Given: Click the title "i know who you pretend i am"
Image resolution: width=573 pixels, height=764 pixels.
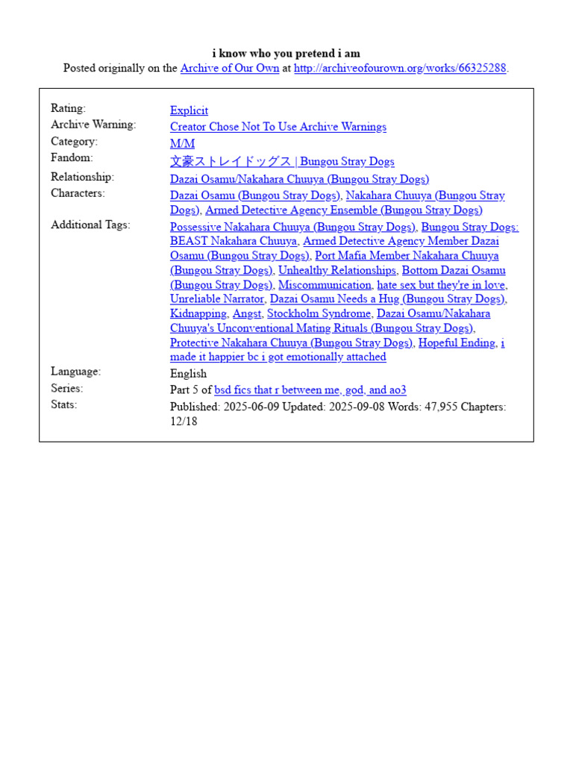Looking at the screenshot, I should pyautogui.click(x=286, y=53).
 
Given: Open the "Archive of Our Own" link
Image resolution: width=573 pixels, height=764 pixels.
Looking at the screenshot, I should pyautogui.click(x=230, y=68).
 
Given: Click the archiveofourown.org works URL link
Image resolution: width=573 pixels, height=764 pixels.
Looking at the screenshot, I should pyautogui.click(x=400, y=68).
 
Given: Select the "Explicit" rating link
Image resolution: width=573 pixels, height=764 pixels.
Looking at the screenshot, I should pyautogui.click(x=189, y=110).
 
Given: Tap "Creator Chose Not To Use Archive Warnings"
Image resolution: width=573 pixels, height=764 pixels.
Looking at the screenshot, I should pyautogui.click(x=278, y=127).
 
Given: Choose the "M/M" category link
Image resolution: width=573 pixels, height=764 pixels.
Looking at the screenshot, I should pyautogui.click(x=182, y=143).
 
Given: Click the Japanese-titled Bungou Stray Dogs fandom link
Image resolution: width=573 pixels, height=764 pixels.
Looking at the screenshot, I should pyautogui.click(x=282, y=161).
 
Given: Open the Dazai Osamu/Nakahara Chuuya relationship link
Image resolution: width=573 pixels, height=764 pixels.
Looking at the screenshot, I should pyautogui.click(x=299, y=179).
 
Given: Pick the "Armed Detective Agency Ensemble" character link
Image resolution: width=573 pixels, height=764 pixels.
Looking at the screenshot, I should pyautogui.click(x=343, y=210).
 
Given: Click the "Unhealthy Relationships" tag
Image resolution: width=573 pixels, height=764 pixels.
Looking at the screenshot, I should pyautogui.click(x=336, y=270).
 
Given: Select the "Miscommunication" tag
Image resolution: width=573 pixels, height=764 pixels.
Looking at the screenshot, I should pyautogui.click(x=325, y=285).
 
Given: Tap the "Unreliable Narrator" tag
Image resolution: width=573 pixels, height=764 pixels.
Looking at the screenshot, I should pyautogui.click(x=217, y=299).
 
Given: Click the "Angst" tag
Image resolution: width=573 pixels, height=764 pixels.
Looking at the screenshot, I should pyautogui.click(x=247, y=314).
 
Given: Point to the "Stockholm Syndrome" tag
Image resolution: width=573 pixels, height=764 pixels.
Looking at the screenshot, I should pyautogui.click(x=319, y=314).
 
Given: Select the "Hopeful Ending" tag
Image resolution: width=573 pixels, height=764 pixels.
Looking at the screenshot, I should pyautogui.click(x=457, y=343).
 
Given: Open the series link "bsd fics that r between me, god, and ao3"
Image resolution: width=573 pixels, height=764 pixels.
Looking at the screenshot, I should pyautogui.click(x=310, y=390).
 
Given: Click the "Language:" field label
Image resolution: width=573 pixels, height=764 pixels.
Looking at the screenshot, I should pyautogui.click(x=75, y=372).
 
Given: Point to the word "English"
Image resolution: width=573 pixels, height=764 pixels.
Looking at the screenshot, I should pyautogui.click(x=188, y=374).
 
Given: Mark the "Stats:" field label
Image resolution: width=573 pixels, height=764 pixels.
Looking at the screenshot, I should pyautogui.click(x=64, y=404).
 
